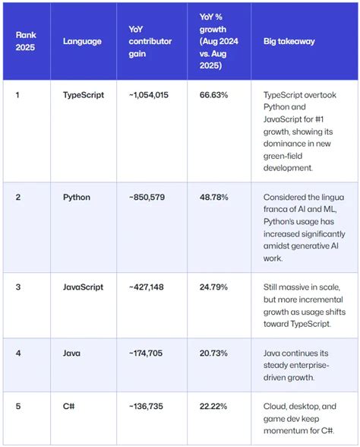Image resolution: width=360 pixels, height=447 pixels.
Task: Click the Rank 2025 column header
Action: pos(26,41)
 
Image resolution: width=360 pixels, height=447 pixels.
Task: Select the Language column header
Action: pos(82,41)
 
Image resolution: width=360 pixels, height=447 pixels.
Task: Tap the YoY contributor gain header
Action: pos(150,41)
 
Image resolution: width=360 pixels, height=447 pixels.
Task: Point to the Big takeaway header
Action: pos(289,41)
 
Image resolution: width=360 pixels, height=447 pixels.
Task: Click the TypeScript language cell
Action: pos(84,95)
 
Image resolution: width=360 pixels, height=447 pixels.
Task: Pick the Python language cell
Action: pos(77,198)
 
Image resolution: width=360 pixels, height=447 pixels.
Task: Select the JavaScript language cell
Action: pos(84,287)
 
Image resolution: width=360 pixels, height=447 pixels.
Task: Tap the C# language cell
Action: pos(68,406)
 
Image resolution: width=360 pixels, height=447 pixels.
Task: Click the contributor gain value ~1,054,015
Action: pos(149,95)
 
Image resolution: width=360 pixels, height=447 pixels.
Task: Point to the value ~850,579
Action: pos(147,198)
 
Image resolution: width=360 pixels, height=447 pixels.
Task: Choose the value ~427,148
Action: pos(147,287)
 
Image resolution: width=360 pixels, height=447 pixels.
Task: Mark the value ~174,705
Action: pos(146,353)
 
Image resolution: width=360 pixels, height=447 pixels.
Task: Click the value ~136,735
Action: pos(146,406)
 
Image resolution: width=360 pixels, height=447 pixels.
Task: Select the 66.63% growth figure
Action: pos(213,95)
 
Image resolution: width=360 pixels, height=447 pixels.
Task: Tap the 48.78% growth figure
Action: pos(214,198)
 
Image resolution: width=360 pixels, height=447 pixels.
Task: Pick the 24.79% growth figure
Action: pos(213,287)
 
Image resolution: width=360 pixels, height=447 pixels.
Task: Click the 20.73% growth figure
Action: pos(213,353)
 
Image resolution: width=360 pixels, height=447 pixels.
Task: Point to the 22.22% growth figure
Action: pos(213,406)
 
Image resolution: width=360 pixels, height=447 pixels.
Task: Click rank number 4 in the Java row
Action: pos(18,353)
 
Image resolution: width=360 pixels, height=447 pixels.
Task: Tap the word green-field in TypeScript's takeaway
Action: pos(283,157)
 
